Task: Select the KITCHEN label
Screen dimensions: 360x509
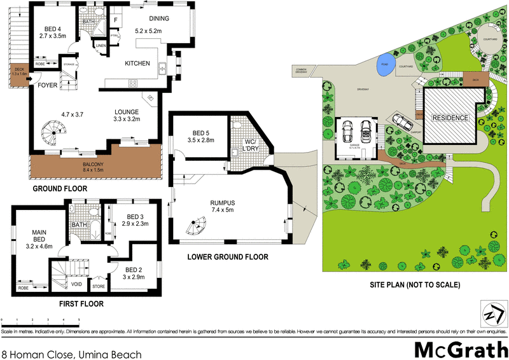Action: coord(137,64)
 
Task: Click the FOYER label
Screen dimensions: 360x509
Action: coord(48,85)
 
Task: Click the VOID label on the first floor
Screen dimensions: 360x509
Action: coord(76,284)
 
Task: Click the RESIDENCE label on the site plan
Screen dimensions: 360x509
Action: coord(450,118)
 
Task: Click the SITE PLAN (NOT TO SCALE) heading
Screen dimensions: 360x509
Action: coord(416,285)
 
